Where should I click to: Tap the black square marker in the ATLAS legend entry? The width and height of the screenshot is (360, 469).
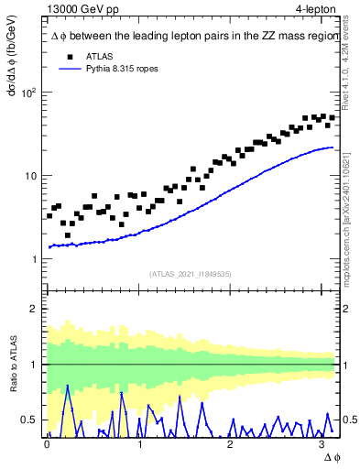coord(64,55)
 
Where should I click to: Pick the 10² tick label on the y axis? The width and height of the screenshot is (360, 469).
coord(29,93)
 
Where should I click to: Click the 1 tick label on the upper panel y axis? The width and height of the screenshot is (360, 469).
coord(35,259)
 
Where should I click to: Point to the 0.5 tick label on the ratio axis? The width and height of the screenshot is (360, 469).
coord(30,420)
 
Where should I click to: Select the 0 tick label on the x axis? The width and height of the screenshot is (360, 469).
coord(48,444)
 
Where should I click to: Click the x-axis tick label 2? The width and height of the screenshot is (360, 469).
coord(231,444)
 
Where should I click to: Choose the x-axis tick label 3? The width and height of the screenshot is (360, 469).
coord(322,444)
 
